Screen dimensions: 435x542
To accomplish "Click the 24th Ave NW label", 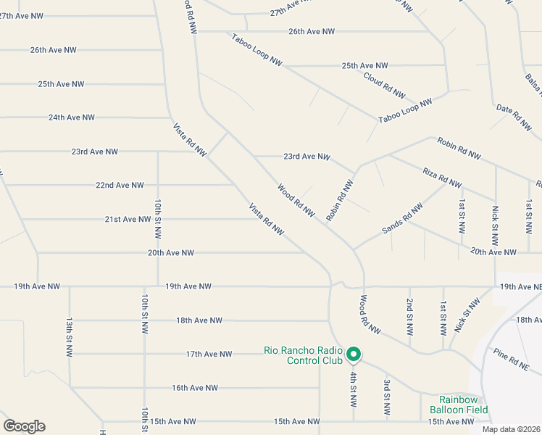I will (x=71, y=117).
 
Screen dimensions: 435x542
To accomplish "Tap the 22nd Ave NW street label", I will (x=119, y=186).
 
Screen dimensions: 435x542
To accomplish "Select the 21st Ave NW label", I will (x=128, y=220).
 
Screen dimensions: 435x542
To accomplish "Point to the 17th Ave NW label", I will (x=209, y=355).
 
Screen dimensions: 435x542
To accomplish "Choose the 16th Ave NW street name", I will (x=195, y=388).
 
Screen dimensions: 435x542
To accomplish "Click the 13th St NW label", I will (x=70, y=336).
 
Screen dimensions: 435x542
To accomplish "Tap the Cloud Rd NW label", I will (x=383, y=86).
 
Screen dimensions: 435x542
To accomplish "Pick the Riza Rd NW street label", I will (x=441, y=177).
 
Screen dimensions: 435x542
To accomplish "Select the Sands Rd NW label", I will (x=402, y=219).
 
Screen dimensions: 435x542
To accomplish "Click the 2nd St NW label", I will (x=409, y=316).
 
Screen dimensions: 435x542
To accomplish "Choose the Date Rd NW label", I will (x=514, y=117).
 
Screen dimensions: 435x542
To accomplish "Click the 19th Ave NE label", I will (x=520, y=288).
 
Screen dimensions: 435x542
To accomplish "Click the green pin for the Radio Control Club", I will (x=354, y=354).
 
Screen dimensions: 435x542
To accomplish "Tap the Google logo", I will (x=24, y=426).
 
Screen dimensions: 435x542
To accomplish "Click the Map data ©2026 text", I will (x=511, y=429).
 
